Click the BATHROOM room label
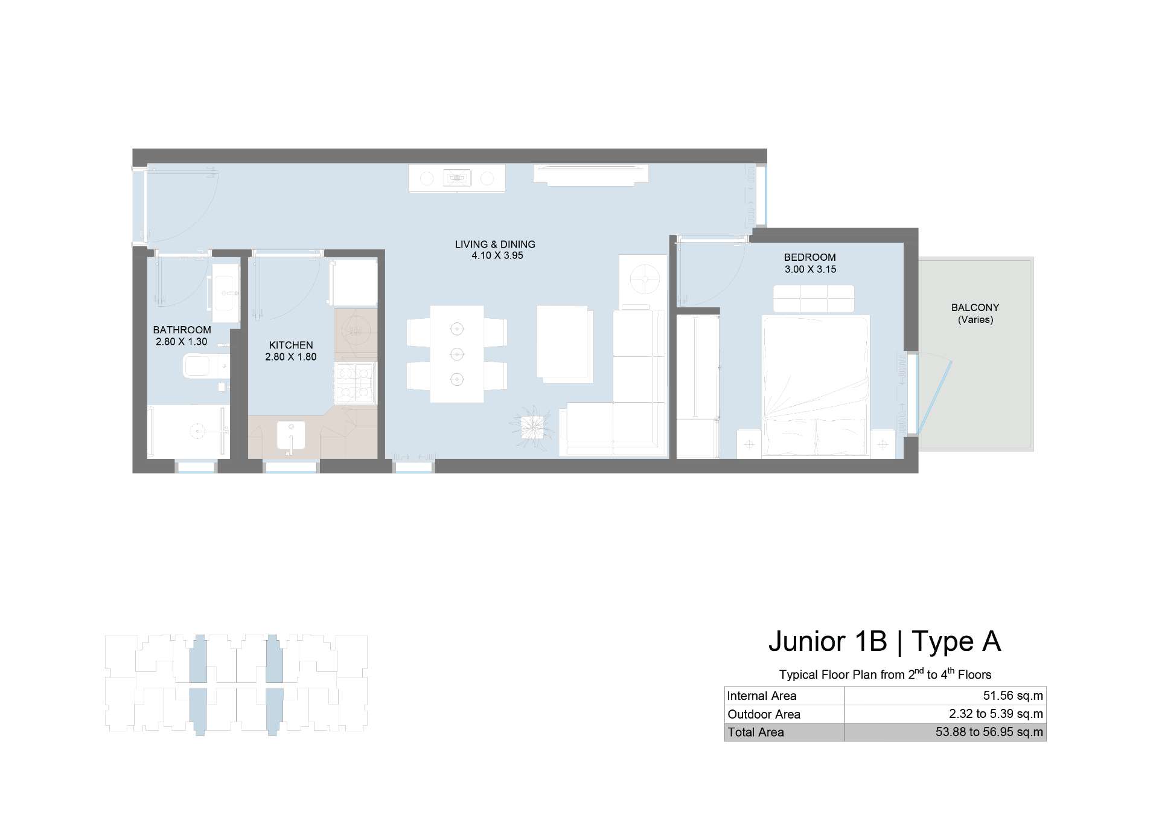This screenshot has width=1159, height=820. click(x=182, y=330)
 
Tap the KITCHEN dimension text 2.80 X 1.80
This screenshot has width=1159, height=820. click(x=291, y=357)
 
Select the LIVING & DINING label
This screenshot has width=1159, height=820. click(x=495, y=245)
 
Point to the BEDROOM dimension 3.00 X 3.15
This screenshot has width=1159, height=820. click(x=810, y=269)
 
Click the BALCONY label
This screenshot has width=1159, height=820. click(x=975, y=307)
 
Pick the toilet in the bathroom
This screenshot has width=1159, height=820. click(x=205, y=366)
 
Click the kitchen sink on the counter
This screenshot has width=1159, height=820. click(x=291, y=435)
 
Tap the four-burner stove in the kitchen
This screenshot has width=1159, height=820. click(x=355, y=383)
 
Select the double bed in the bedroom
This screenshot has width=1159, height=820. click(x=816, y=386)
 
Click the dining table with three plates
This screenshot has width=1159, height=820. click(x=457, y=354)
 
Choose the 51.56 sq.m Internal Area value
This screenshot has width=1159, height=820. click(x=1013, y=696)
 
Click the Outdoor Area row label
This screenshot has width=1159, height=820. click(x=764, y=714)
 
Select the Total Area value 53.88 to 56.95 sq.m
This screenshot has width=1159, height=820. click(x=989, y=732)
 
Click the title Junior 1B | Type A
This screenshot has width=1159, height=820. click(x=884, y=641)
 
